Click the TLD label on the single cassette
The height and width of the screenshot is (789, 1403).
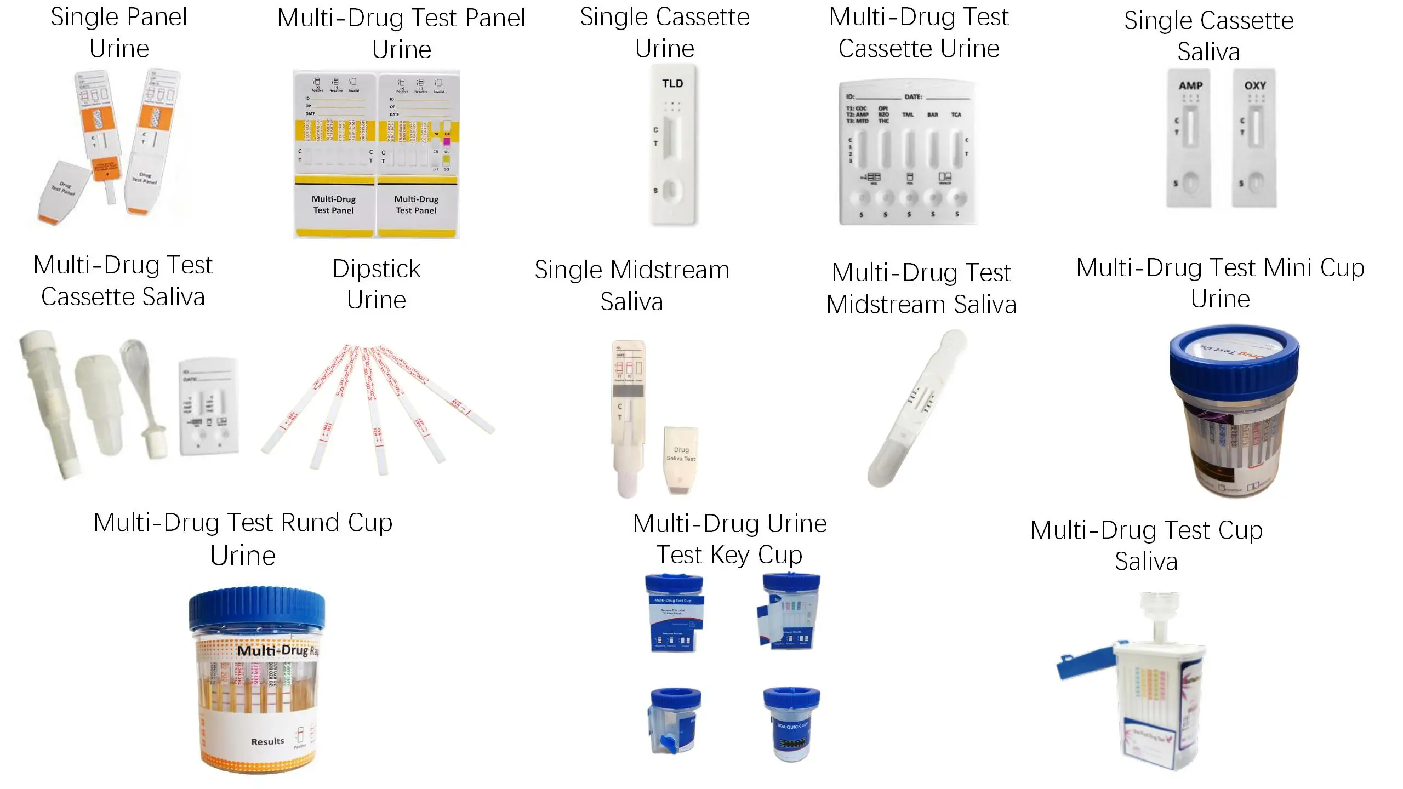click(672, 84)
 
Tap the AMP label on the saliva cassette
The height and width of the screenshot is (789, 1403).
click(1190, 86)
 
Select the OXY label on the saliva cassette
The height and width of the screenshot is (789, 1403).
click(1255, 86)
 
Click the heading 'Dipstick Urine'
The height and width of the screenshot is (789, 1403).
click(377, 284)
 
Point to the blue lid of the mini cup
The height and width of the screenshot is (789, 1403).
click(1234, 362)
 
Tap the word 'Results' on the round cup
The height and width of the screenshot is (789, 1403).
click(267, 741)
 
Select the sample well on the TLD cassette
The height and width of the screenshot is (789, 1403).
click(672, 191)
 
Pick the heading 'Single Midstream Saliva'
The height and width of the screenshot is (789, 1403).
click(632, 285)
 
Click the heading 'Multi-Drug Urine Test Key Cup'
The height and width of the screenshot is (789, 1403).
click(729, 539)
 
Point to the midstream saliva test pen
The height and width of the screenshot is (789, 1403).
click(916, 408)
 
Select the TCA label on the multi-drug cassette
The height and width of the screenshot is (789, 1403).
click(956, 115)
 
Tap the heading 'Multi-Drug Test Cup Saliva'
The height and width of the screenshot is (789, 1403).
click(1147, 546)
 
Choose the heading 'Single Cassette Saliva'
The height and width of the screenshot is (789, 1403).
click(1209, 36)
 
